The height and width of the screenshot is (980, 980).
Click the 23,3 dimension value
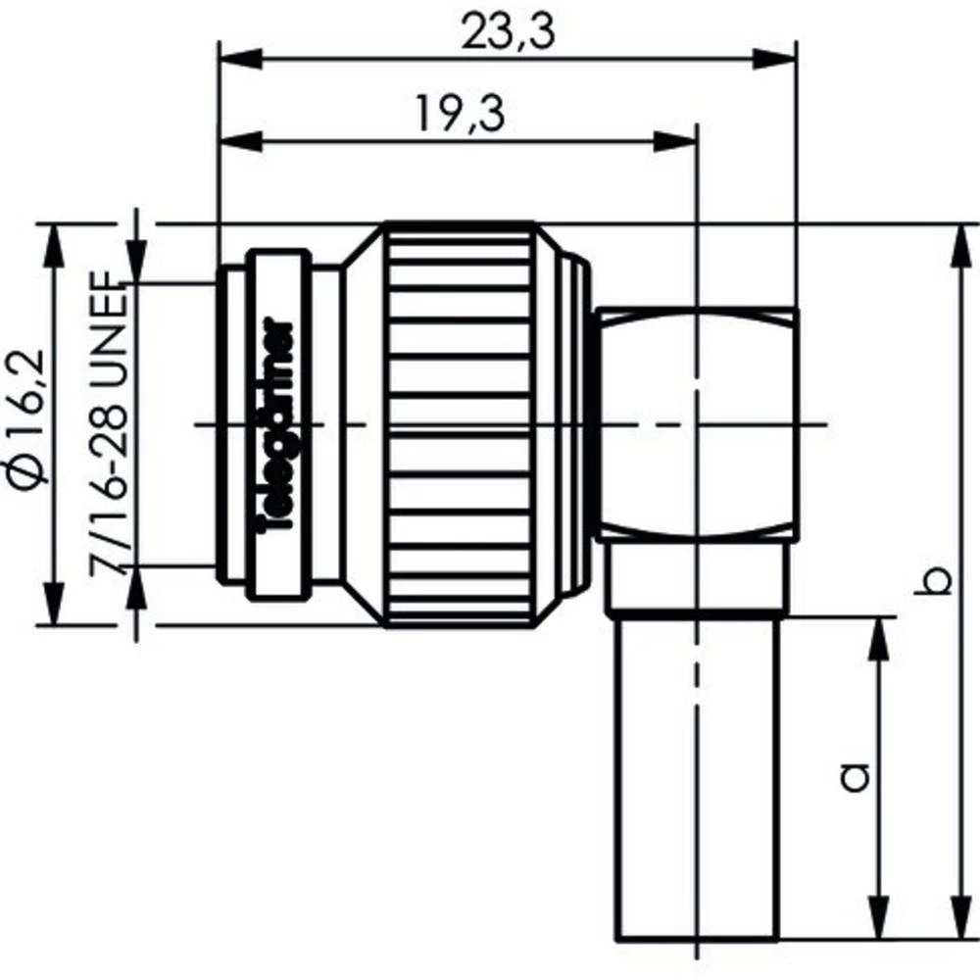(508, 31)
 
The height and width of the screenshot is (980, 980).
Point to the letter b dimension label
(938, 579)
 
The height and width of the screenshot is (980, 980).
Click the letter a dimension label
(855, 776)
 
